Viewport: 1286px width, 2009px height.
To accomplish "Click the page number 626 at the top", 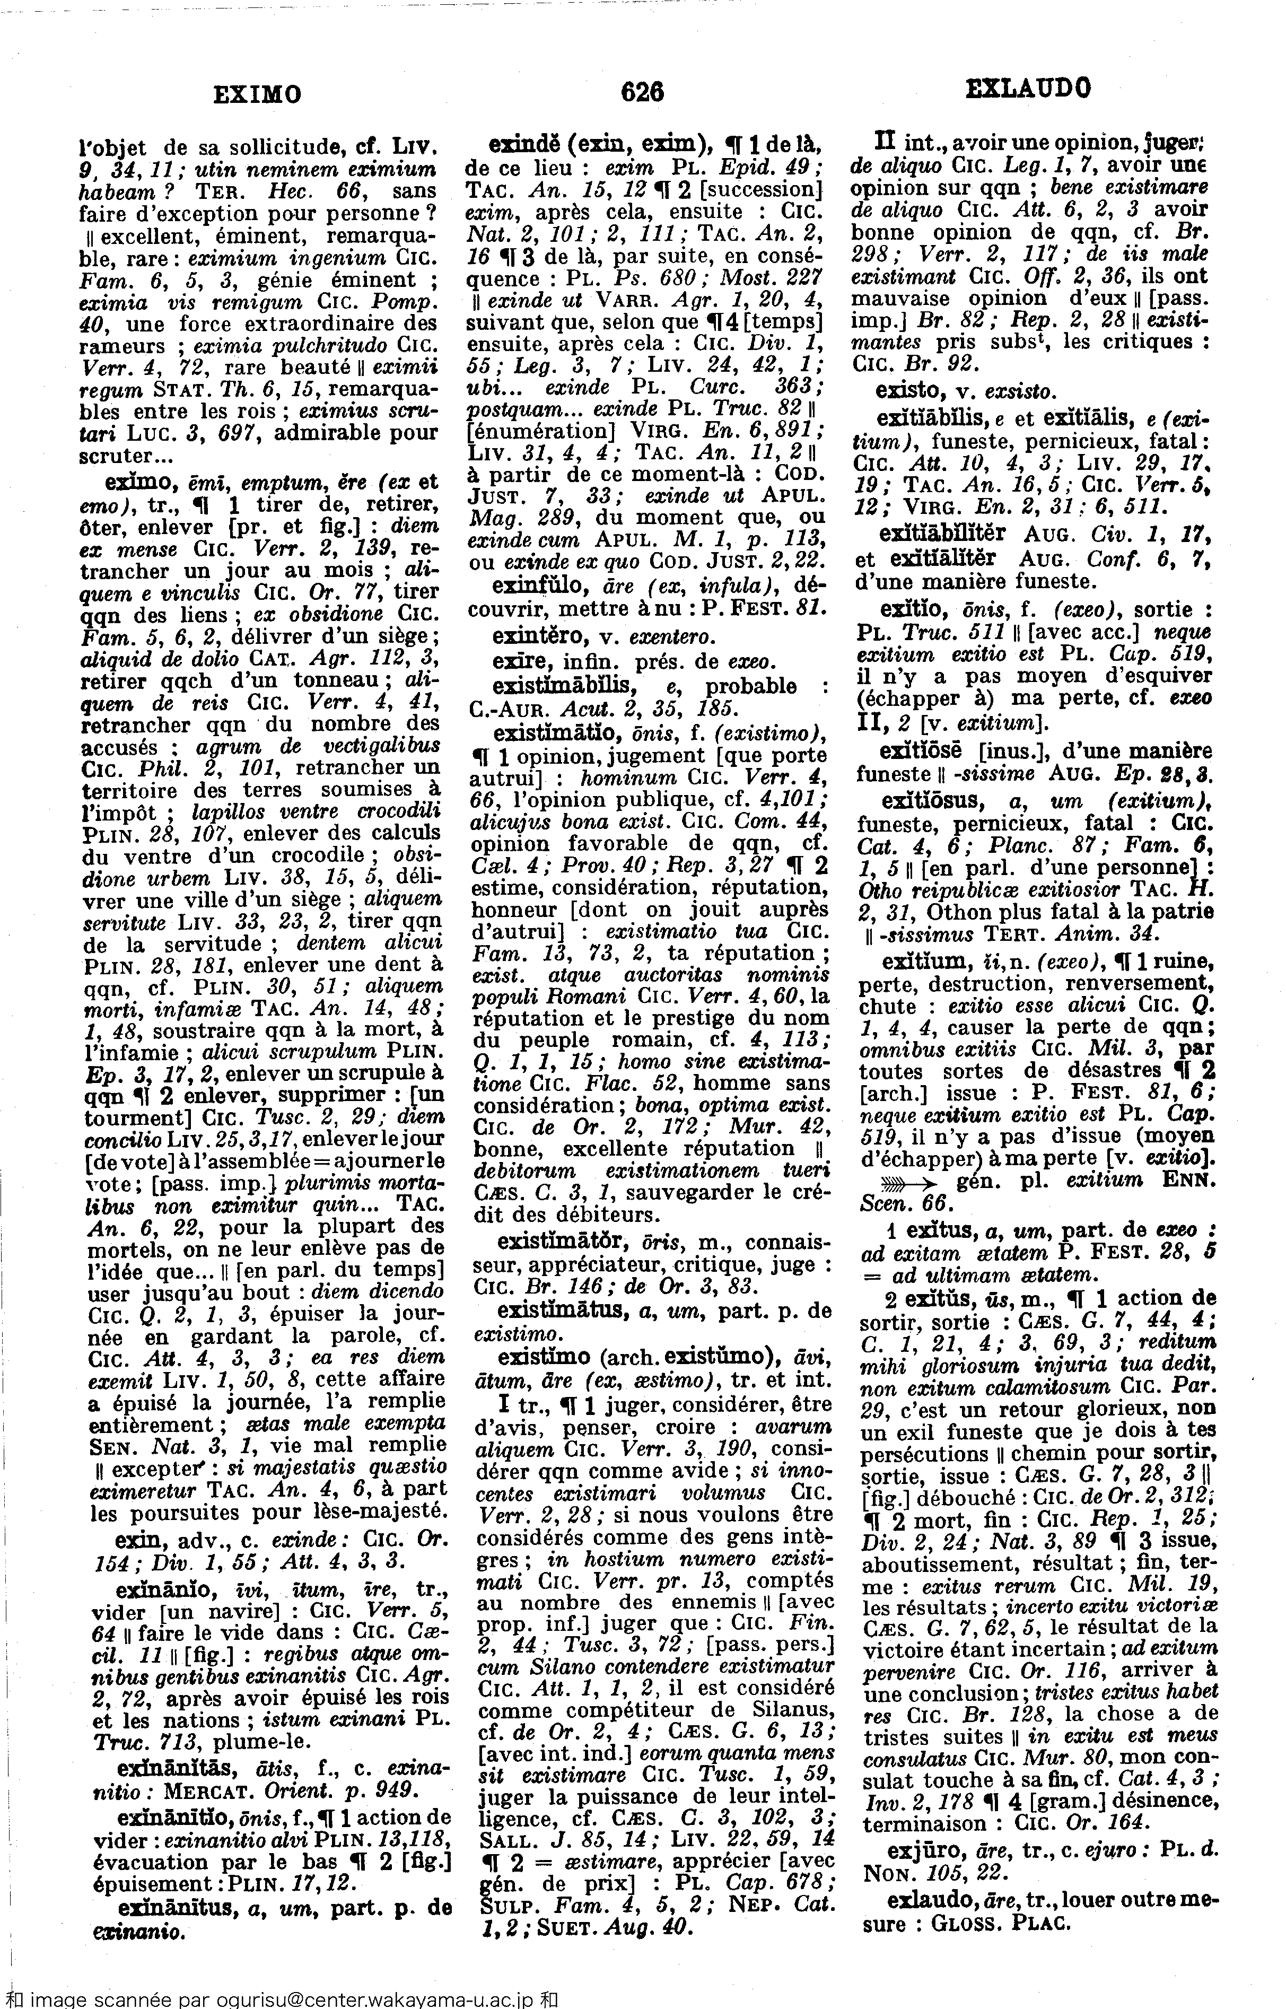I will (x=642, y=92).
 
